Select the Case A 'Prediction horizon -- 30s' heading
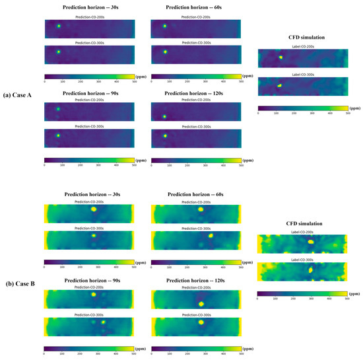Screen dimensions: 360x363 coord(89,8)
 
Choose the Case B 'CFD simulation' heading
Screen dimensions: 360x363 coord(302,223)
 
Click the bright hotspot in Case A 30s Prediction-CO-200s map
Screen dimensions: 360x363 coord(59,26)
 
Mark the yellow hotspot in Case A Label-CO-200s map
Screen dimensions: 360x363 coord(280,57)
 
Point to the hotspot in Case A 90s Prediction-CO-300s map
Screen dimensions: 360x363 coord(58,135)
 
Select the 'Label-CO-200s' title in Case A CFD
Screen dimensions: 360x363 coord(302,47)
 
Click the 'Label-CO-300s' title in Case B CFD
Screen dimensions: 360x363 coord(302,260)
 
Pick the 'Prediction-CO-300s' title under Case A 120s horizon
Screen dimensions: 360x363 coord(196,126)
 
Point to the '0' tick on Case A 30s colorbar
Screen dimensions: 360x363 coord(44,83)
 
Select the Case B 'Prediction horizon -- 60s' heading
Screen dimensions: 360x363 coord(196,195)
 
